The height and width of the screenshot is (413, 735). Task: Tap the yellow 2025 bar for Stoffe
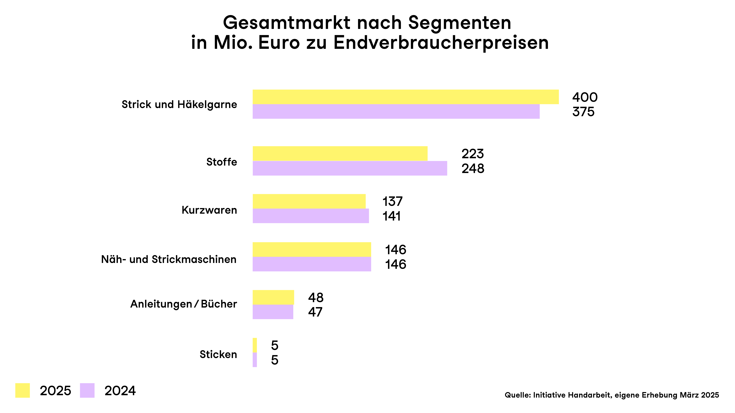340,154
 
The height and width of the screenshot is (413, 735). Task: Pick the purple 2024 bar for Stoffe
350,168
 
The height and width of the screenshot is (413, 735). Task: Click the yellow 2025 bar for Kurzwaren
309,201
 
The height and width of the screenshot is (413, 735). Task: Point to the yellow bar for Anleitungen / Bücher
273,297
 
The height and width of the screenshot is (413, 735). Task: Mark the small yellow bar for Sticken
254,345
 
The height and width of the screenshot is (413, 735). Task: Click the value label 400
585,97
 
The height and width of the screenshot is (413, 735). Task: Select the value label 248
473,168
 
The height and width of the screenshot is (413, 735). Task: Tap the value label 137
392,202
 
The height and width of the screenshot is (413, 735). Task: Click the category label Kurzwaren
209,210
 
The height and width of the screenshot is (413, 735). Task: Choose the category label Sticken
218,354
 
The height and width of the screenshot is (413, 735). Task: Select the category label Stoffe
222,162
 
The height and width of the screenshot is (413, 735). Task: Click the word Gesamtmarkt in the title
286,23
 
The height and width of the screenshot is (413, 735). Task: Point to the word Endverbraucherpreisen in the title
441,43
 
